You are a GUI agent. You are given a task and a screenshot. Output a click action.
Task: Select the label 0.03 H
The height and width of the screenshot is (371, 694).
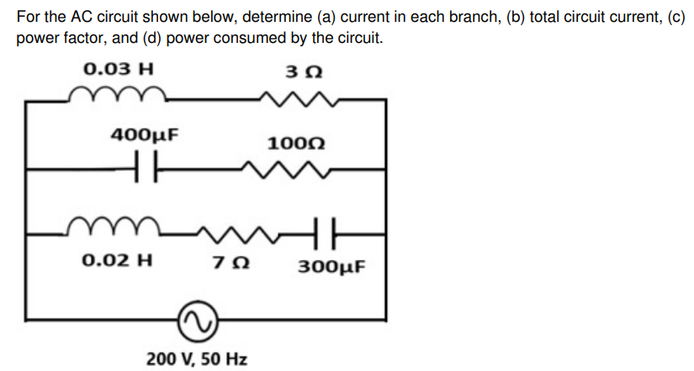click(x=118, y=68)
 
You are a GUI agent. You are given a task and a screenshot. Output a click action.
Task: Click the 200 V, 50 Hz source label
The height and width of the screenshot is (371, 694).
click(x=197, y=359)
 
